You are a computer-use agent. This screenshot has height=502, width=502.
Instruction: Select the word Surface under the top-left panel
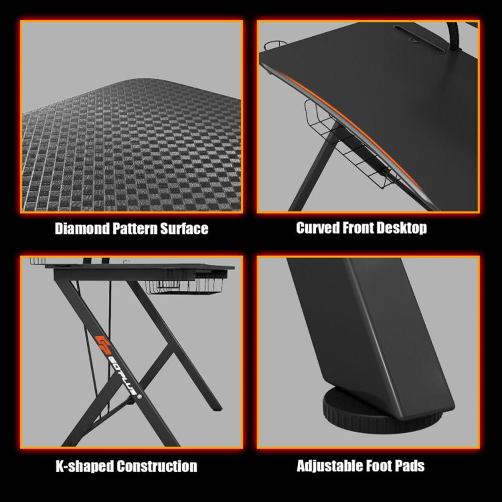(184, 229)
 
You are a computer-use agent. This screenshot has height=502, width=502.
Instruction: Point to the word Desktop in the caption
(401, 228)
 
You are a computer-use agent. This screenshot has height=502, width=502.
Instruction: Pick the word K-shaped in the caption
(83, 466)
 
